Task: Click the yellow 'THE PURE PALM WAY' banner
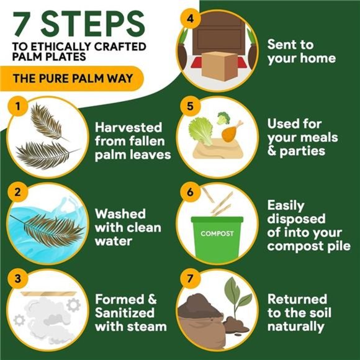72,79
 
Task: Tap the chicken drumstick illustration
232,131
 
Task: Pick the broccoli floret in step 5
222,117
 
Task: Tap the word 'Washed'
120,214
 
